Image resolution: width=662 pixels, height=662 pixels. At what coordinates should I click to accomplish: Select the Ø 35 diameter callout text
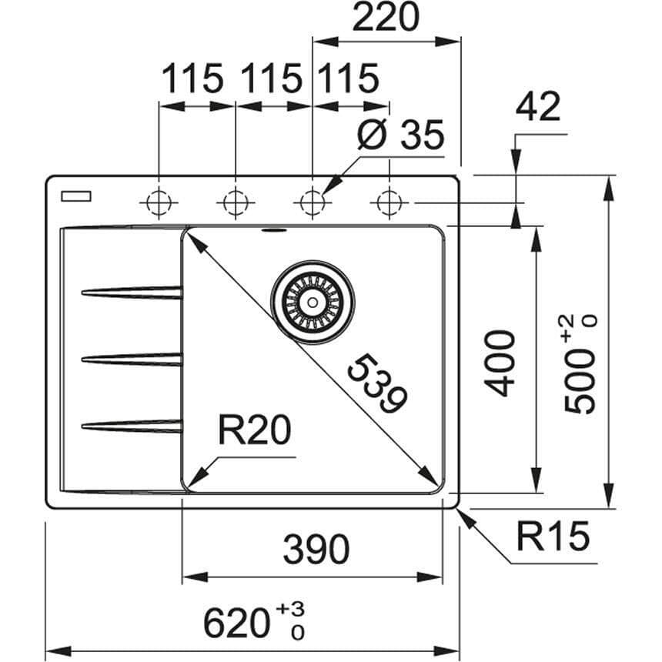(401, 136)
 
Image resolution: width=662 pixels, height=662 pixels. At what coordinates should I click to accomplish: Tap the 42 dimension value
(538, 109)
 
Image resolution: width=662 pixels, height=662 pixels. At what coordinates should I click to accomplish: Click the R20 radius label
(254, 433)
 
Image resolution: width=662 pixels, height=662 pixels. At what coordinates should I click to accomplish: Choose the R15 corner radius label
(552, 537)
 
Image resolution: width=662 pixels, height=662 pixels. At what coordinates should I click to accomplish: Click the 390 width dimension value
(316, 550)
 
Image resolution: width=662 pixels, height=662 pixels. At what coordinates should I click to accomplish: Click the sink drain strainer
(313, 303)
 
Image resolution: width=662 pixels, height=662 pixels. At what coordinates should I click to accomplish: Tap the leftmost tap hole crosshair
(159, 202)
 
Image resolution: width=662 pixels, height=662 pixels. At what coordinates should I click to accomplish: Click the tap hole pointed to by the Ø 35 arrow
(311, 202)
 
